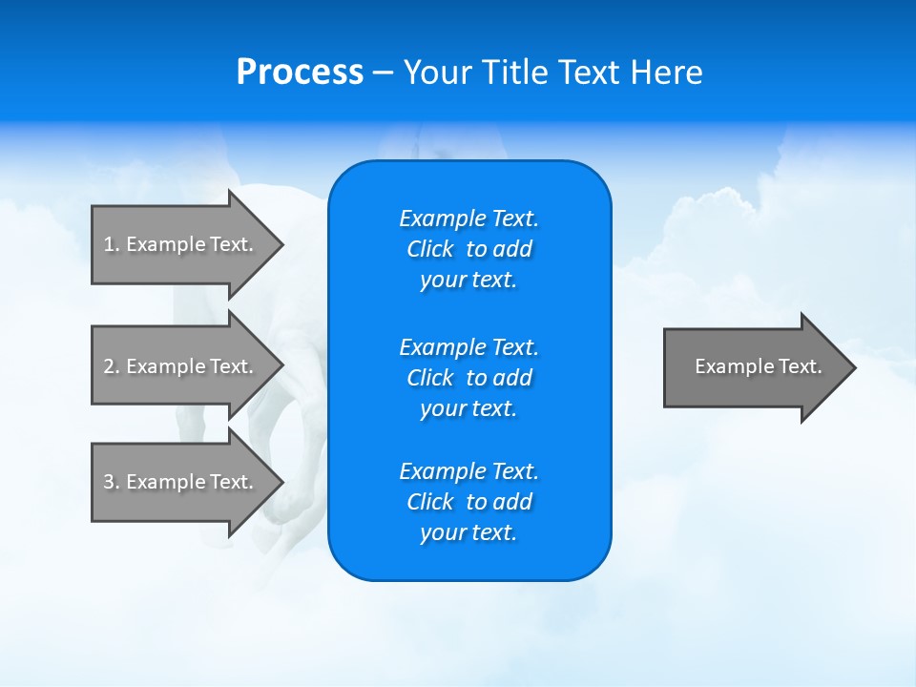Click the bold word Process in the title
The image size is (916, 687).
tap(300, 73)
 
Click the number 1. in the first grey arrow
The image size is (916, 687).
tap(112, 244)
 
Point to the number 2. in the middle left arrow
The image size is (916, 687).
tap(112, 366)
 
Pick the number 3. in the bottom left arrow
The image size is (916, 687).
tap(112, 482)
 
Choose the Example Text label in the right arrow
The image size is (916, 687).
tap(758, 366)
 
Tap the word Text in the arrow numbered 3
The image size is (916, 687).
tap(231, 482)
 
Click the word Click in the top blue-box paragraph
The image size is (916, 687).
tap(429, 249)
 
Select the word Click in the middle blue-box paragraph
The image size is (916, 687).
tap(429, 378)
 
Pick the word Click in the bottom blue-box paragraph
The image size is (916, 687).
tap(429, 502)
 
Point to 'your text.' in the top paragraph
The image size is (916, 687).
tap(468, 281)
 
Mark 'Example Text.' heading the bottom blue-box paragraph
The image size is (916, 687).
tap(468, 471)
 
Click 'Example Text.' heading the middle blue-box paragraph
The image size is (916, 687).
tap(468, 346)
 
